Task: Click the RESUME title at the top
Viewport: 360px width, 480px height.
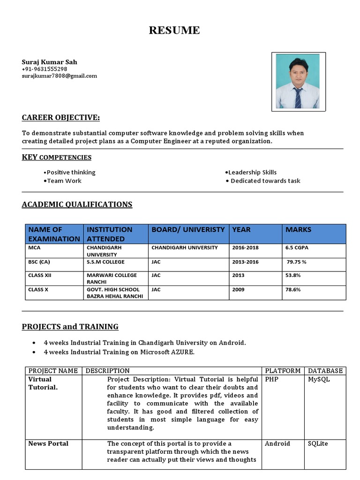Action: (x=174, y=30)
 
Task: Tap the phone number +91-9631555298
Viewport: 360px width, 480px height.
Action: (x=45, y=69)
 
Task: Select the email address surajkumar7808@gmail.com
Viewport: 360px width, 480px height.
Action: (x=60, y=75)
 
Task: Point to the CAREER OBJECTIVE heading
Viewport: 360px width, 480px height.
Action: (x=61, y=117)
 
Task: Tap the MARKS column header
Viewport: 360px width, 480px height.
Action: (x=298, y=229)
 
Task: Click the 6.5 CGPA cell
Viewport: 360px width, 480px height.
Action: (x=297, y=247)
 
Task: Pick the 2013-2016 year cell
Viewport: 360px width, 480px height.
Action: (x=245, y=262)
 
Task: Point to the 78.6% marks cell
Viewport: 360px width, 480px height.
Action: (x=293, y=289)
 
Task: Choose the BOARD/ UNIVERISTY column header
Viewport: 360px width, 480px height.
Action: (x=187, y=229)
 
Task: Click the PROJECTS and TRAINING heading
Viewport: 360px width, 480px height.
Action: (x=70, y=326)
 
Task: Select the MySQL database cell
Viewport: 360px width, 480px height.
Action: (x=319, y=379)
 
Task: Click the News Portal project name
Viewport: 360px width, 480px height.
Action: (x=48, y=443)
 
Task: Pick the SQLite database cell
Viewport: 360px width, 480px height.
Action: (x=318, y=443)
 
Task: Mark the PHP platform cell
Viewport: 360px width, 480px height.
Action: (x=272, y=379)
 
